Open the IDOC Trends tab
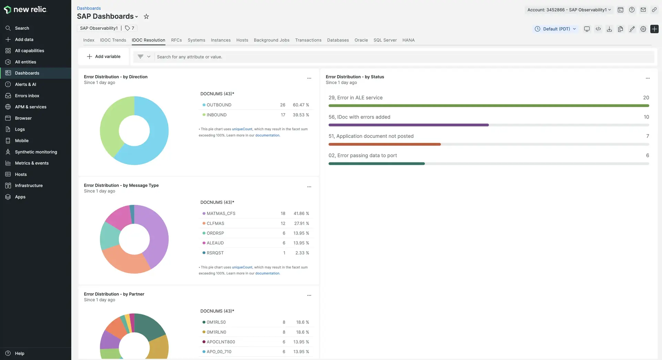113,40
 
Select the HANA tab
408,40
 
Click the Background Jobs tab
271,40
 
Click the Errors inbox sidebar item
27,96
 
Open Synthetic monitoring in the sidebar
36,152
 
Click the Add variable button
103,57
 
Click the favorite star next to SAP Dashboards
146,17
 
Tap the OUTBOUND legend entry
219,105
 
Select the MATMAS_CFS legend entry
221,213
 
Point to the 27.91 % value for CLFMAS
301,223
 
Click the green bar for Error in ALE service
489,106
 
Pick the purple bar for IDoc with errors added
408,125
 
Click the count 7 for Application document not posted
647,136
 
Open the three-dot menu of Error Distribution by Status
648,78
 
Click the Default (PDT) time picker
555,29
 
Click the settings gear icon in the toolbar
643,29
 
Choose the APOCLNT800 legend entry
221,342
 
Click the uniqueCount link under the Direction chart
242,129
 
